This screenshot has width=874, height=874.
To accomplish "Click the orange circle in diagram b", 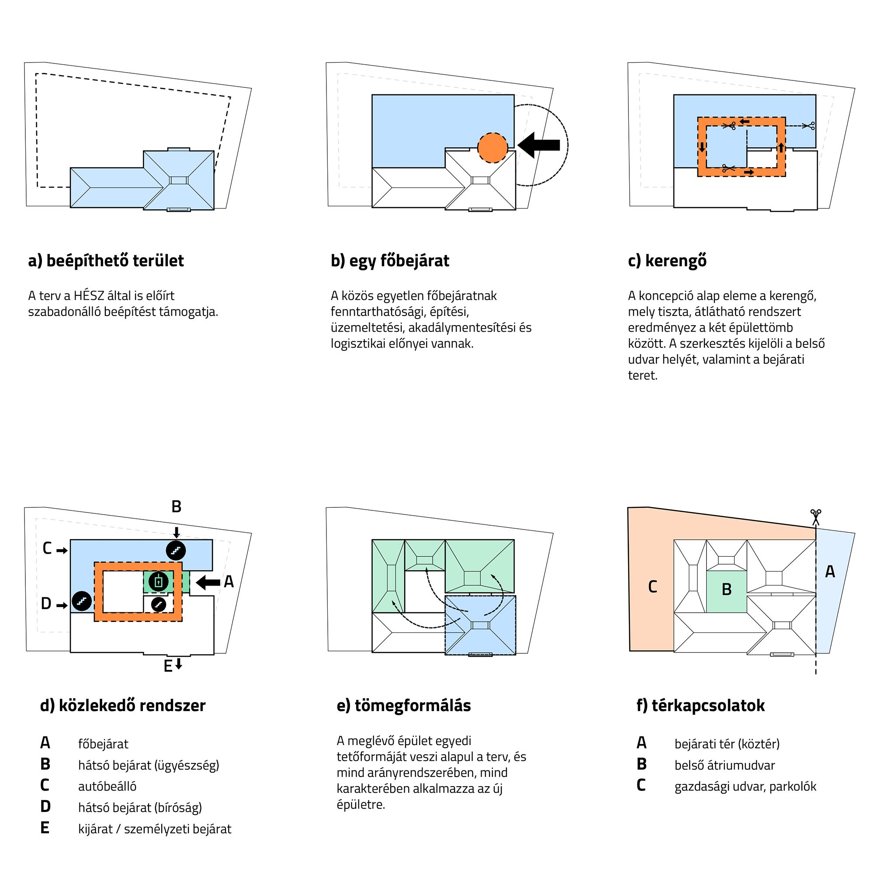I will click(492, 147).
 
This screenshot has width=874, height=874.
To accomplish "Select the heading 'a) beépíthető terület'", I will click(106, 261).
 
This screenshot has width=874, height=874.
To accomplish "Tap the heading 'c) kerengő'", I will click(667, 261).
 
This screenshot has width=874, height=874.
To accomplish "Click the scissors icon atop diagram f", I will click(815, 517).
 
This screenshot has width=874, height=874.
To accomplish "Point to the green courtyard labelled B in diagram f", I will click(727, 590).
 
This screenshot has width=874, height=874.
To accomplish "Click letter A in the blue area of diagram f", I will click(830, 572).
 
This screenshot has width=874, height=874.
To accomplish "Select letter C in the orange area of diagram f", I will click(652, 587).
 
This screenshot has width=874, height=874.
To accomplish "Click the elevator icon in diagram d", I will click(158, 582).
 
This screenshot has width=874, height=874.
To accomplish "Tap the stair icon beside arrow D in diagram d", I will click(82, 601).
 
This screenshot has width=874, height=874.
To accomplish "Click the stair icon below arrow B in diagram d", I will click(176, 550).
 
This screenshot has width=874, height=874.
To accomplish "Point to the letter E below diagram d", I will click(168, 666).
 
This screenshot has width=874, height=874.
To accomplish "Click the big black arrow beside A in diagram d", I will click(208, 582).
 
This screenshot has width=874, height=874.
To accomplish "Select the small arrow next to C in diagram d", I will click(62, 551).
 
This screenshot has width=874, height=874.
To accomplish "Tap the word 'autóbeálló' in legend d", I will click(107, 787).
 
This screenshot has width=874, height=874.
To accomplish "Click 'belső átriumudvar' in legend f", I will click(724, 766).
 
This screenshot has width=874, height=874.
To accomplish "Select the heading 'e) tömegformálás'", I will click(403, 706).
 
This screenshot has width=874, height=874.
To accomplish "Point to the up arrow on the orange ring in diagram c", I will click(781, 147).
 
